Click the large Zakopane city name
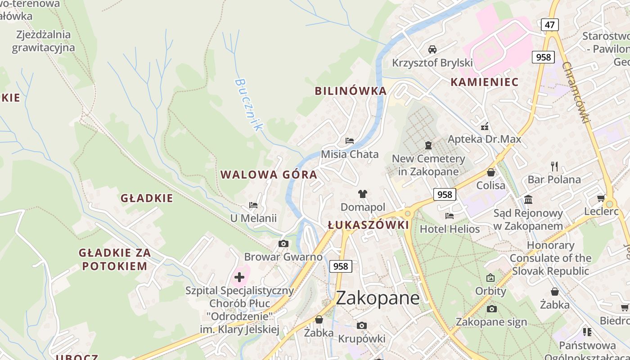[378, 298]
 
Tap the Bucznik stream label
[248, 104]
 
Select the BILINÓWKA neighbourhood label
[351, 91]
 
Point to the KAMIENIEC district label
[484, 82]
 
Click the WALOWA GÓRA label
[269, 175]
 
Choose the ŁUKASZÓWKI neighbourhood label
[368, 225]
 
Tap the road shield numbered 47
[549, 24]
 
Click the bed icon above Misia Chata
[349, 141]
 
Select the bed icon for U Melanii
[253, 205]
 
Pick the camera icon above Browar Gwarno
[283, 244]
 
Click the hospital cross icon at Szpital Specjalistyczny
[239, 277]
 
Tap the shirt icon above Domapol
[363, 194]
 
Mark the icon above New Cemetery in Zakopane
[428, 145]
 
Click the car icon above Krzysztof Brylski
[432, 49]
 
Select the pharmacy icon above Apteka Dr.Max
[485, 126]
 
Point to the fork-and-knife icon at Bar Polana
[554, 166]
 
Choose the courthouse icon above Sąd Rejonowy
[528, 199]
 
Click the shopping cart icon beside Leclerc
[601, 198]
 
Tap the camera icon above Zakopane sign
[491, 309]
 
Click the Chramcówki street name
[576, 92]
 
